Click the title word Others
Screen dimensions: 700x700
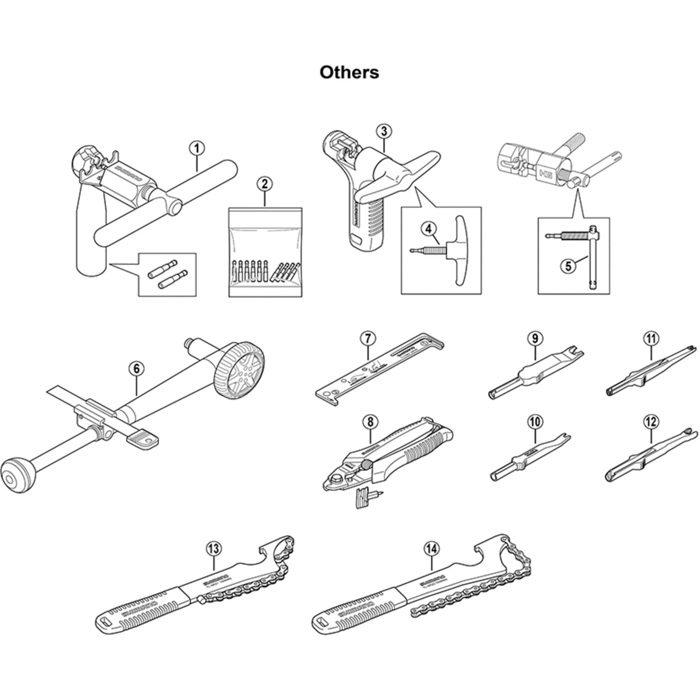[349, 72]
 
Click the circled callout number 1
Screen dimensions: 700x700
[197, 148]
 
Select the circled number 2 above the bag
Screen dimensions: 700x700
[265, 184]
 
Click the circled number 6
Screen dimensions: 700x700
[136, 369]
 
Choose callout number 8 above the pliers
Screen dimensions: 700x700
[370, 422]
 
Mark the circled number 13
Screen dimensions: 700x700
[213, 548]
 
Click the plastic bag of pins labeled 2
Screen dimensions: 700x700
[265, 254]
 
